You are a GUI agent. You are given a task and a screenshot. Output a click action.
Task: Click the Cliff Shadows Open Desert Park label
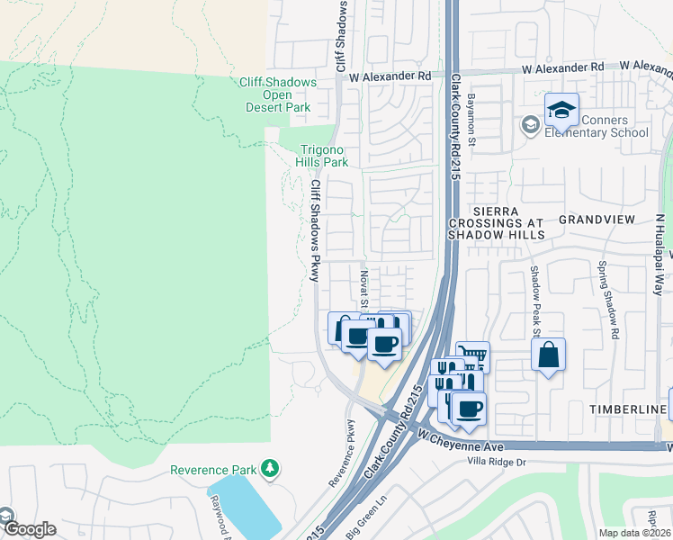click(278, 94)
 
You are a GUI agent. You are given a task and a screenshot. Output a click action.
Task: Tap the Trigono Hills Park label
click(322, 157)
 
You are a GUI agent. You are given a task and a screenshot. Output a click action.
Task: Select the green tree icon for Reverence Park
click(268, 469)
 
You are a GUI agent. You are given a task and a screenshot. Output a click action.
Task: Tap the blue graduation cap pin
click(561, 111)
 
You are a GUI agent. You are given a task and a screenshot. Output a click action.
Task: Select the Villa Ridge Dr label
click(507, 462)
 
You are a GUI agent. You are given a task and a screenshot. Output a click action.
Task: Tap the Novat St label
click(364, 287)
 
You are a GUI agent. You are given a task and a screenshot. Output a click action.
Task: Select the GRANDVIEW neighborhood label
click(597, 220)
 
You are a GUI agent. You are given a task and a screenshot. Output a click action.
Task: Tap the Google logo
click(29, 528)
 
